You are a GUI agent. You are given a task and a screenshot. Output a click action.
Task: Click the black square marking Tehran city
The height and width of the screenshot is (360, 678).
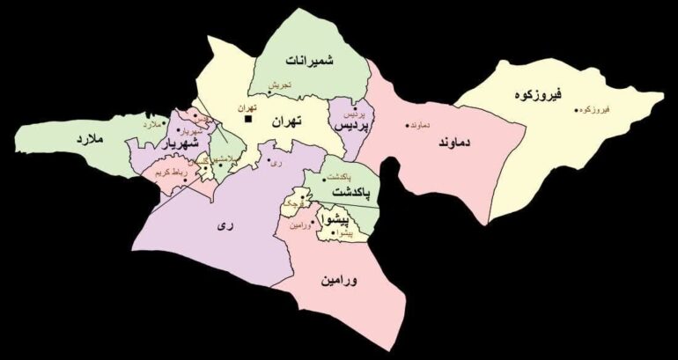(248, 119)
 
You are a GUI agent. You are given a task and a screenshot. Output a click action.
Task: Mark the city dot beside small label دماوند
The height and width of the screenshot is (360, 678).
(407, 125)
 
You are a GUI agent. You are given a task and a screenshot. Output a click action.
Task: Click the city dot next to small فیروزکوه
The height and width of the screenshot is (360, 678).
(577, 110)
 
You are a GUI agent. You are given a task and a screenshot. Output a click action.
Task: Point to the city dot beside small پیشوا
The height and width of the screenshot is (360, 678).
(333, 232)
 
